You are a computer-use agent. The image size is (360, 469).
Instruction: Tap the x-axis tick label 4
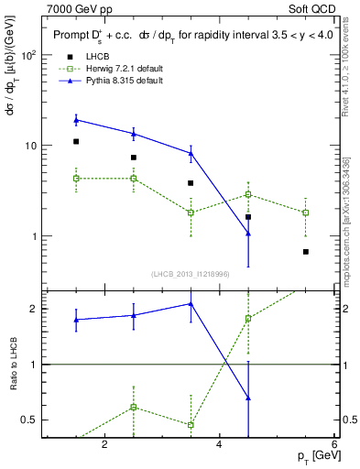219,445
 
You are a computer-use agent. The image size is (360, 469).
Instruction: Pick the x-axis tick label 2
104,445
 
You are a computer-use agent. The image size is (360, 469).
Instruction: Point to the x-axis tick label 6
333,445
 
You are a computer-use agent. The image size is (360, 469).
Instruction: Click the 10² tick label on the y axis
27,55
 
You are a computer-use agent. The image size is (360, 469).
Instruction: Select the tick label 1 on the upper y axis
33,236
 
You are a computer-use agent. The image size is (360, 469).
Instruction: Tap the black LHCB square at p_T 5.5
306,252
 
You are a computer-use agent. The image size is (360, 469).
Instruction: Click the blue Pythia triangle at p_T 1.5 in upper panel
76,120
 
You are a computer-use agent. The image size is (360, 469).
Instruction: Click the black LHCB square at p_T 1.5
76,142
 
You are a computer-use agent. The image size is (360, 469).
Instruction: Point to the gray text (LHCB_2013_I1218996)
191,274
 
